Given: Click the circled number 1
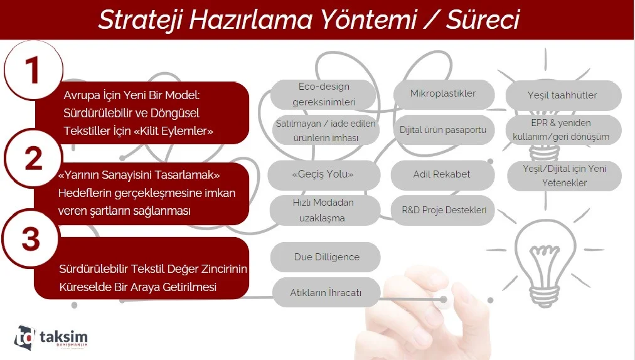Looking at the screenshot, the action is point(34,70).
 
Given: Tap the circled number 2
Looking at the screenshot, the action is point(33,157).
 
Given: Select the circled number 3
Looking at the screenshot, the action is point(31,238).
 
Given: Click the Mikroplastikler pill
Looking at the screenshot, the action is point(444,94).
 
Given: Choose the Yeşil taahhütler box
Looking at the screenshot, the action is point(563,95).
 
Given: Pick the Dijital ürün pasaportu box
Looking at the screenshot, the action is point(444,130).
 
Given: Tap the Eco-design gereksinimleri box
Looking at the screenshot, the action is point(324,94).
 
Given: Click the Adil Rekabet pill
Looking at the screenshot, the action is point(442,174).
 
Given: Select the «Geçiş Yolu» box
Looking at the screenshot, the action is point(324,174).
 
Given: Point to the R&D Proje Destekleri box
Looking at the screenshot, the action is point(444,210).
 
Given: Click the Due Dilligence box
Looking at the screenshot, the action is point(326,257).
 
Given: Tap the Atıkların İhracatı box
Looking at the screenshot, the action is point(326,292).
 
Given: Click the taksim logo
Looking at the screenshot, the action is point(51,337).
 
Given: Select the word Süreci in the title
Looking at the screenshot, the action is point(483,19).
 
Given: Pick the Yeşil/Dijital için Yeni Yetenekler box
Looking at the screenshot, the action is point(564,176).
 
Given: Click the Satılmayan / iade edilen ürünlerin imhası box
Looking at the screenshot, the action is point(326,130).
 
